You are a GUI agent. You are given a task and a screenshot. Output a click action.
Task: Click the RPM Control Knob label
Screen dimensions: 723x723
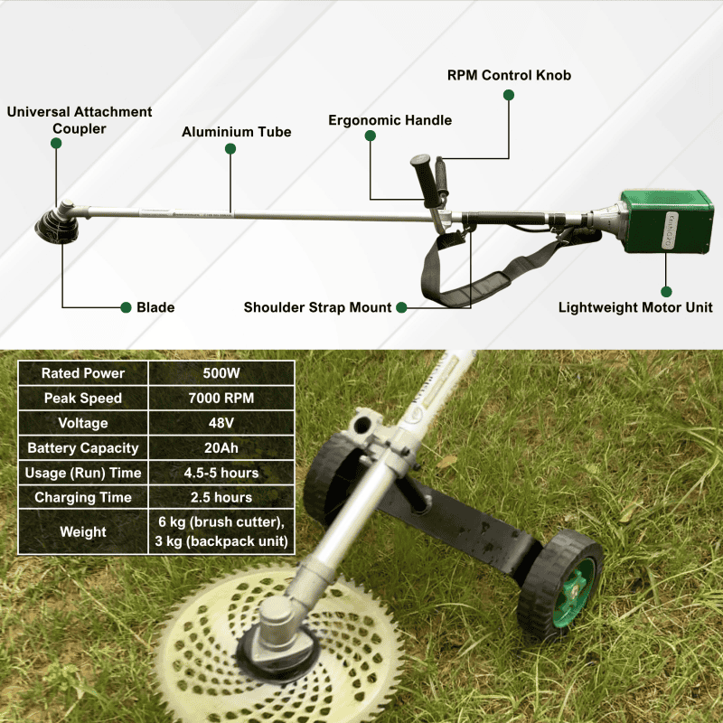[509, 75]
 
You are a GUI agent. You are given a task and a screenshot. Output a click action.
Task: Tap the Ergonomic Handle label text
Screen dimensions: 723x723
[390, 120]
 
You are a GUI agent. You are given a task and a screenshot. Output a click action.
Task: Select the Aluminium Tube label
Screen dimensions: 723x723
[237, 132]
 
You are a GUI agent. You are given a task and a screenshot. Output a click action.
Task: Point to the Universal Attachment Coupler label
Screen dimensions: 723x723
[80, 120]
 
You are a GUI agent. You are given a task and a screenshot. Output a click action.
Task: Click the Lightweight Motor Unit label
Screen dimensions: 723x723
[635, 307]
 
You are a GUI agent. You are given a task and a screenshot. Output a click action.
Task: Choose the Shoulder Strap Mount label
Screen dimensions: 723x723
[317, 307]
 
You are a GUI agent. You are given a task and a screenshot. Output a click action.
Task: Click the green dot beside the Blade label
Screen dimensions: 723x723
[126, 307]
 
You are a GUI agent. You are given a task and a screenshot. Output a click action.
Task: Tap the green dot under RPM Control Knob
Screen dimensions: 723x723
[509, 95]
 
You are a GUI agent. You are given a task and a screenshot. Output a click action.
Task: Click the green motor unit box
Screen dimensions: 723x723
[666, 221]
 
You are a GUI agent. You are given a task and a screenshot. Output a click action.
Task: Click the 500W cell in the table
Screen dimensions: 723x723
[221, 373]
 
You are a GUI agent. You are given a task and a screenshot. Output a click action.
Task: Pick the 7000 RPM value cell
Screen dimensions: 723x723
[221, 398]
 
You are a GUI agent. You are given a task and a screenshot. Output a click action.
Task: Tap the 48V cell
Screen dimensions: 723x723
[221, 423]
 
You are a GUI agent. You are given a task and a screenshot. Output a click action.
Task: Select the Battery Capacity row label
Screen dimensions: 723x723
[83, 447]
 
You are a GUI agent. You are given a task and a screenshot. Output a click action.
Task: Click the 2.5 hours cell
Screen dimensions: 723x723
[221, 497]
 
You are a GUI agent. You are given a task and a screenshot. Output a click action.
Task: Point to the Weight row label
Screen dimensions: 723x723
[83, 531]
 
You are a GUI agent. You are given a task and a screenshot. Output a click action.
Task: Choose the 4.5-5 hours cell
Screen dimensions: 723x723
[221, 473]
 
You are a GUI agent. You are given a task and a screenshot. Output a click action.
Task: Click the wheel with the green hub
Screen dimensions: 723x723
[561, 586]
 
